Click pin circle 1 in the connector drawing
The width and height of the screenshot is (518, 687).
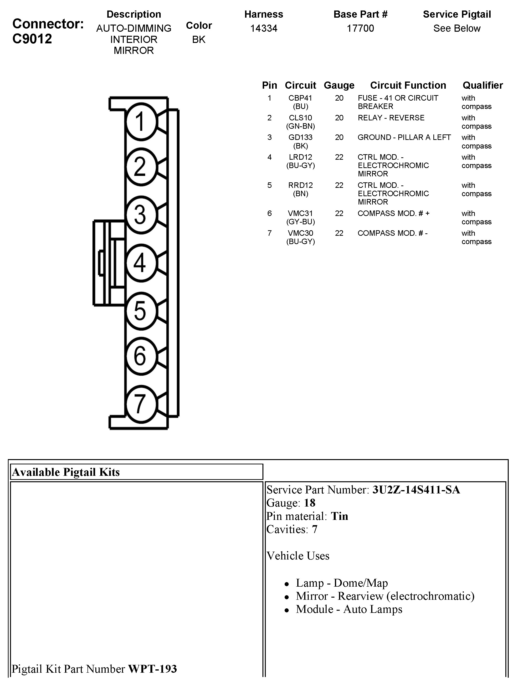(141, 121)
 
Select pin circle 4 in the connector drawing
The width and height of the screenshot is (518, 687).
(141, 263)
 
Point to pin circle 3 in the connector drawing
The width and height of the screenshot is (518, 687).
(141, 215)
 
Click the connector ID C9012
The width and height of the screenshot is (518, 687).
(32, 39)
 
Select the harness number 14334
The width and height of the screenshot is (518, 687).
(264, 28)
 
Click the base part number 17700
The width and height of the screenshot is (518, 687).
(360, 28)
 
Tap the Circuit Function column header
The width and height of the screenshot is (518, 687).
(408, 85)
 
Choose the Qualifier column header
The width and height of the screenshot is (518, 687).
(482, 85)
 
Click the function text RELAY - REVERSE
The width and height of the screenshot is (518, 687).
(391, 118)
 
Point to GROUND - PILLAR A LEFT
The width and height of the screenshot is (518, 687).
(404, 137)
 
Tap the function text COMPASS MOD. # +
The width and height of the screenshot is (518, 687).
(393, 213)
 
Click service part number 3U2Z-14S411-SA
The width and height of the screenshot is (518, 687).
(416, 490)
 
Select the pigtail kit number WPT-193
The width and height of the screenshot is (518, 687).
(153, 669)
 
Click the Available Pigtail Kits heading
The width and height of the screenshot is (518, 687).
(66, 472)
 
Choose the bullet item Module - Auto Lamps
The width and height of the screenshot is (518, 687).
(349, 609)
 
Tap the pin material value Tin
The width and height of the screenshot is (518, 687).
(339, 516)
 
